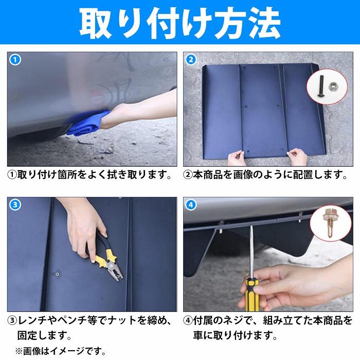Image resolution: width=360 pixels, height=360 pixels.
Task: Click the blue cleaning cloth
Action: pos(88,123)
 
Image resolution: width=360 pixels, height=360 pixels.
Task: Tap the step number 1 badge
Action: pos(15,60)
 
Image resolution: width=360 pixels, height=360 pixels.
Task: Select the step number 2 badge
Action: pos(191,60)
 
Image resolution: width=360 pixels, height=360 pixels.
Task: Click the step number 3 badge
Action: pos(15,204)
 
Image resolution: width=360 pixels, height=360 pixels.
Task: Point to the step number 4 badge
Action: pos(191,204)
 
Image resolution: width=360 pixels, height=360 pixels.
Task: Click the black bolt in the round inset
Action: pos(321,86)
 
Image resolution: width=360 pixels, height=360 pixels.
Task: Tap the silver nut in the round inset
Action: pos(332,87)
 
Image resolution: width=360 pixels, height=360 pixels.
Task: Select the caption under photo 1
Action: pos(89,175)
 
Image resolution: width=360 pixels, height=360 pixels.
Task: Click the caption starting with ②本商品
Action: pos(265,175)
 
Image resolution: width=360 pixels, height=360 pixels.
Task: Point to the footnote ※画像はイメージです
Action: pos(60,351)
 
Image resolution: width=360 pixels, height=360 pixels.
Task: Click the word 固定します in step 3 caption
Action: pos(44,335)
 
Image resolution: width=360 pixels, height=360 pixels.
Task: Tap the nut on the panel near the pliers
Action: pos(58,274)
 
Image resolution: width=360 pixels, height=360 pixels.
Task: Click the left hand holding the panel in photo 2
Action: pos(237,158)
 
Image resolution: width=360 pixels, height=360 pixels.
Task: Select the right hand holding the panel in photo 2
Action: pos(297,157)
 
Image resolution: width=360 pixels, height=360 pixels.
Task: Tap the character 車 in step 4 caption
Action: pos(198,335)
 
